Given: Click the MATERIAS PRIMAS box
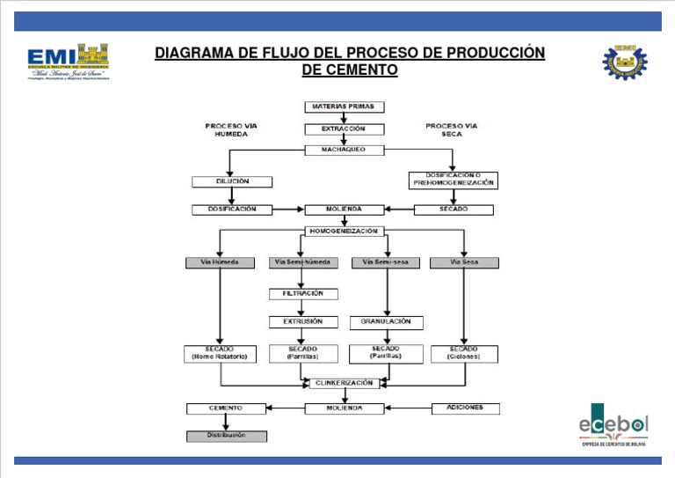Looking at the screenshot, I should point(344,107).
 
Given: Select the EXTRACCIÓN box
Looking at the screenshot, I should point(344,129).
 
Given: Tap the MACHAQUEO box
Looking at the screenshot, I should point(344,150).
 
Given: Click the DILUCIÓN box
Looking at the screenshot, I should point(232,181).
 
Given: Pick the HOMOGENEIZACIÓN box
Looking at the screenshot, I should point(344,232).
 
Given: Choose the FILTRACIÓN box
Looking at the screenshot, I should point(302,293).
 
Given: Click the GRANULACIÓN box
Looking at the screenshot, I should point(386,322).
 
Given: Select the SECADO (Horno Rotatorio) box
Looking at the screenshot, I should point(220,353).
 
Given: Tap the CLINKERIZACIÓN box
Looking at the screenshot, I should point(345,384).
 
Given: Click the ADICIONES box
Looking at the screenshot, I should point(465,408).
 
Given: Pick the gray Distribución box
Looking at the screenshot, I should point(226,436).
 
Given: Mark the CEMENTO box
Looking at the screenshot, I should point(226,408).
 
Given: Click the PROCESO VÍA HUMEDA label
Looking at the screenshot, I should point(232,130).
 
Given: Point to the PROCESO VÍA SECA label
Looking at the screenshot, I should point(452,130).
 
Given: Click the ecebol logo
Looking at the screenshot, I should point(613,425).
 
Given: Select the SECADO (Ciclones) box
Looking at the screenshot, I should point(464,353).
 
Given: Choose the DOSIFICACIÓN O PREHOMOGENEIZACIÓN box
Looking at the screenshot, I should point(453,180).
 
